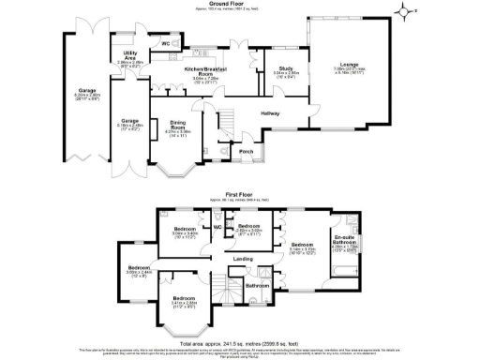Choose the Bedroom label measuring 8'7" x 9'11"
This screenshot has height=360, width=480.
point(248,228)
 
